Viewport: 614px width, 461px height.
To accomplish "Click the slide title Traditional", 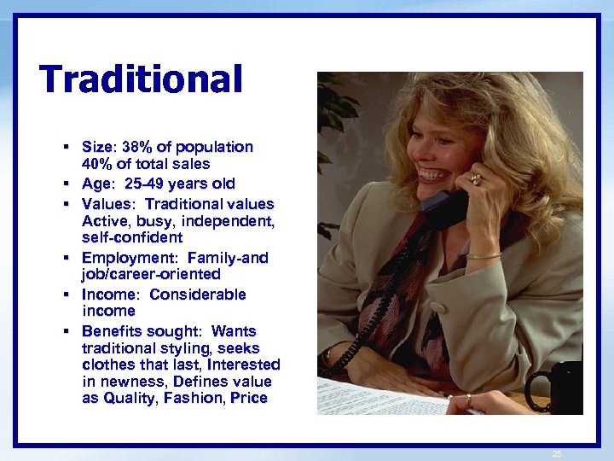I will point(141,80).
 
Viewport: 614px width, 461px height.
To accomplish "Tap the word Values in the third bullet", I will point(107,204).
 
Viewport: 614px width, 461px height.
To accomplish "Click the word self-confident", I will point(132,237).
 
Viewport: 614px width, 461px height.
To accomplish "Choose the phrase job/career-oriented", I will point(151,274).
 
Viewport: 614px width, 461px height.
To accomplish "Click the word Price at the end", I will point(249,398).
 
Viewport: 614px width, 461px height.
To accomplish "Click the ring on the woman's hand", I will point(476,179).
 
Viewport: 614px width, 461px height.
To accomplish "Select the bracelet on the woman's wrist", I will point(484,255).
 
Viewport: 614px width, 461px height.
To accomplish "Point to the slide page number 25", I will point(557,453).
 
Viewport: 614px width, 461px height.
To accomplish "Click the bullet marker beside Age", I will point(65,184).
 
